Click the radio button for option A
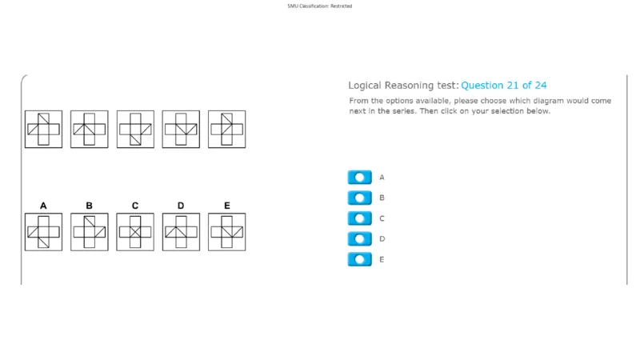(359, 177)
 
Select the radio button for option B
(359, 198)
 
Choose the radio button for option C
(359, 218)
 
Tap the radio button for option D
(359, 238)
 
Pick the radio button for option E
(359, 259)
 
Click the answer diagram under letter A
(44, 232)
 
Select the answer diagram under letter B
(90, 232)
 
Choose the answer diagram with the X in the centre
(135, 232)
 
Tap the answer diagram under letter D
(181, 232)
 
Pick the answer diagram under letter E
(227, 232)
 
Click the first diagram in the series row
(44, 129)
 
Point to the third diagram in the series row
(135, 129)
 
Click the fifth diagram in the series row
(227, 129)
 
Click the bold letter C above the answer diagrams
(135, 206)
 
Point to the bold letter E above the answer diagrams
(227, 206)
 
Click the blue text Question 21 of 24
(504, 86)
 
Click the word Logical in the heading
(365, 86)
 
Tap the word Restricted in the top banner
(342, 6)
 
